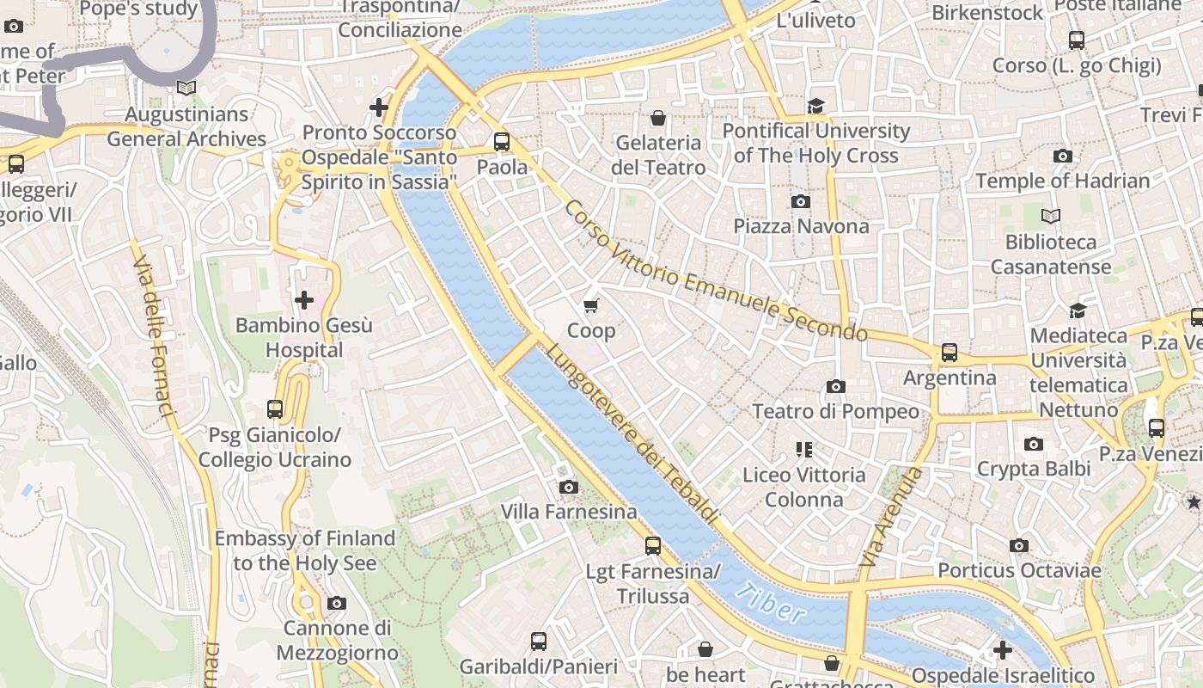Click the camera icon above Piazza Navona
coord(800,201)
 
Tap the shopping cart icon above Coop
coord(590,305)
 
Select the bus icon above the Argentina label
coord(949,352)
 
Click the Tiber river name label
coord(771,602)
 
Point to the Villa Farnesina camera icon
coord(568,487)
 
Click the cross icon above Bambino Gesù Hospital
coord(303,300)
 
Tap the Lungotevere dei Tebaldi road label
coord(632,434)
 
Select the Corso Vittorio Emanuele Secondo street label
coord(716,270)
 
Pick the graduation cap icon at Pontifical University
coord(815,106)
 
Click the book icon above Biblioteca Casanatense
coord(1050,216)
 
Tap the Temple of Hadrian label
coord(1062,181)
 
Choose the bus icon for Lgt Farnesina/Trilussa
coord(653,545)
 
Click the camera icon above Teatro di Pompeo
coord(835,386)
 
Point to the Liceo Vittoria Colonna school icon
coord(803,449)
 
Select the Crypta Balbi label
coord(1034,469)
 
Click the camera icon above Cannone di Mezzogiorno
coord(337,603)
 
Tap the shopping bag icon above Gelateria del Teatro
coord(658,117)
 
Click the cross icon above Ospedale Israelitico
coord(1002,650)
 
